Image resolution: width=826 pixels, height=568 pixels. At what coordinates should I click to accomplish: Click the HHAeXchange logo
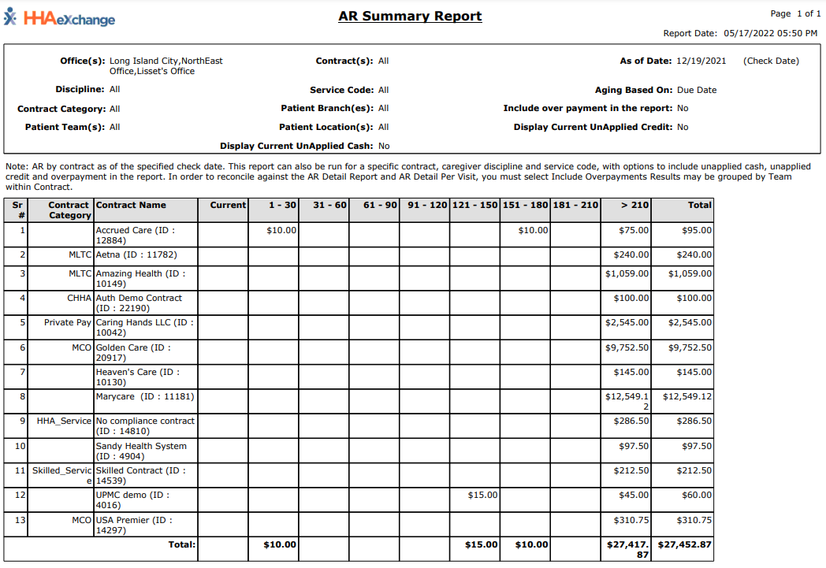coord(60,18)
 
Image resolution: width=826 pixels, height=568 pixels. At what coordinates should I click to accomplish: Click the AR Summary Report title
coord(410,16)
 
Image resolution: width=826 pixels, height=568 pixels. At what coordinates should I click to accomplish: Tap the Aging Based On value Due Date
coord(697,90)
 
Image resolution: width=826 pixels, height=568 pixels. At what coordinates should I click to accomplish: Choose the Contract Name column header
coord(131,205)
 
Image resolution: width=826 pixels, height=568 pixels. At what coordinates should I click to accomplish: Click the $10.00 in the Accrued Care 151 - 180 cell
coord(533,230)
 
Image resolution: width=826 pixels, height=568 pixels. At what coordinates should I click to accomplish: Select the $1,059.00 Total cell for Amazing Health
coord(690,273)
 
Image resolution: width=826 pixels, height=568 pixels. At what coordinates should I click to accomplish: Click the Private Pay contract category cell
coord(68,322)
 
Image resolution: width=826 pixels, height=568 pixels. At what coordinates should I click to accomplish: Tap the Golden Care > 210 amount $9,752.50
coord(627,347)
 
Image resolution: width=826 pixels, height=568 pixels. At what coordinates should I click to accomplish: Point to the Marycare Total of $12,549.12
coord(687,396)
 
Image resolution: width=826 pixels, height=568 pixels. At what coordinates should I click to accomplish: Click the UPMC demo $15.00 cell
coord(482,495)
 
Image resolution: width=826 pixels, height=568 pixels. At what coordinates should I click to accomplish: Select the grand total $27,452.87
coord(685,544)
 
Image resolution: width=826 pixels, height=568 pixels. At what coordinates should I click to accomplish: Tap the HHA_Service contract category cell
coord(65,421)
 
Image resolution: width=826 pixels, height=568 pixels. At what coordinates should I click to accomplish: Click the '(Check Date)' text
coord(771,61)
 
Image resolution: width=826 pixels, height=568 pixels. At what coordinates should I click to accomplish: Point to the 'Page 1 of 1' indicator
coord(795,13)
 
